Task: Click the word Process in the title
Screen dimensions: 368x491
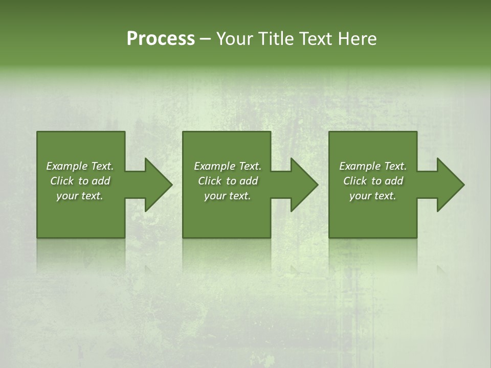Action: [161, 39]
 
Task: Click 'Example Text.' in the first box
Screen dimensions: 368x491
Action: [80, 166]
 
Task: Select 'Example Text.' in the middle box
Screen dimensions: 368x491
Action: [228, 166]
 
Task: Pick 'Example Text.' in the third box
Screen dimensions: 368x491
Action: [373, 166]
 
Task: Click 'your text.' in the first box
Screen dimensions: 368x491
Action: [80, 196]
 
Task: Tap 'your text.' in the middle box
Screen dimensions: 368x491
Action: [228, 196]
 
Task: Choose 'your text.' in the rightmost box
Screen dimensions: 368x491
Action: [373, 196]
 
